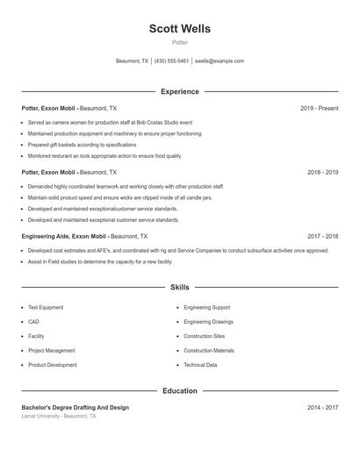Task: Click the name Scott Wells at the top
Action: point(179,29)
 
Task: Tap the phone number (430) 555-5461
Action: point(172,61)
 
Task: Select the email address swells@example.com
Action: point(220,61)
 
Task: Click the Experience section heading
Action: point(179,91)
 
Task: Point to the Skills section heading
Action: point(179,287)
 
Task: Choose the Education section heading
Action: point(179,390)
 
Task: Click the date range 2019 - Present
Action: point(319,108)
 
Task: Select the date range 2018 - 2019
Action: point(322,172)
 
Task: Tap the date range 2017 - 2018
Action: point(322,236)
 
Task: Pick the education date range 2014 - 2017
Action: point(322,407)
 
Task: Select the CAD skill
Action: point(33,322)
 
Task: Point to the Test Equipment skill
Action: point(46,308)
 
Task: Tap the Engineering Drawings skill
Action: point(209,322)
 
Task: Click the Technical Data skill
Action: point(200,365)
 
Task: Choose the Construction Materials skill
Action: point(209,351)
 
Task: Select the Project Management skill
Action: point(51,351)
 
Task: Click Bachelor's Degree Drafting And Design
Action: point(75,407)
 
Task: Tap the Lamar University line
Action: point(59,416)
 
